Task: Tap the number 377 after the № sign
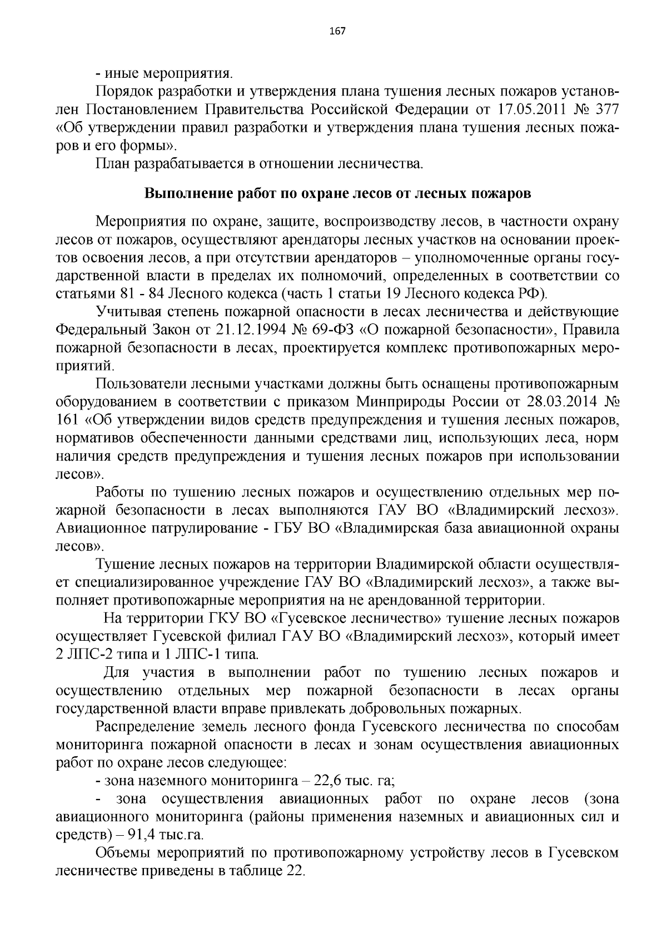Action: coord(607,109)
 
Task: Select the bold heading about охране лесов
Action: coord(337,194)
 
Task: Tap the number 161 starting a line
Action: coord(67,420)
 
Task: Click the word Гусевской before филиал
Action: coord(177,636)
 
